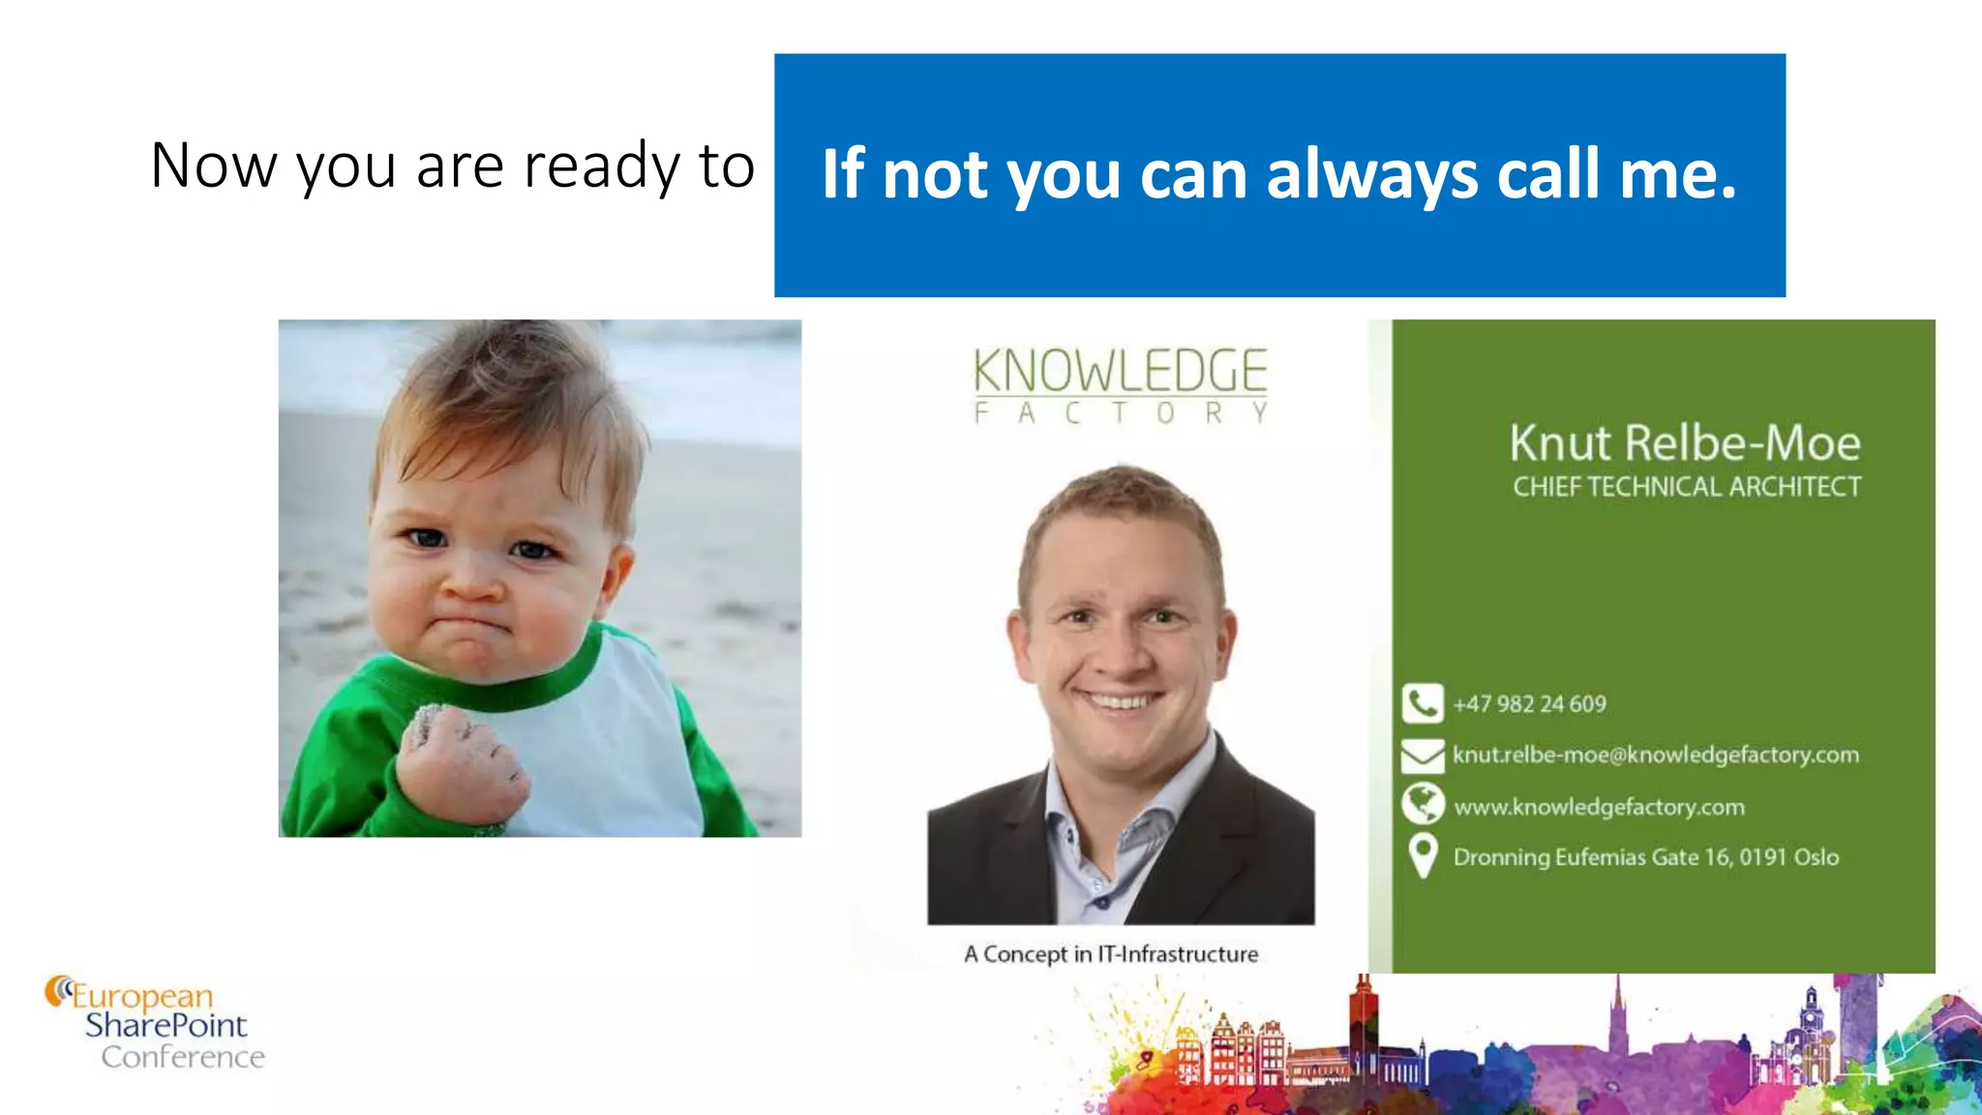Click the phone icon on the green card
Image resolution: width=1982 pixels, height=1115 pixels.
pyautogui.click(x=1422, y=704)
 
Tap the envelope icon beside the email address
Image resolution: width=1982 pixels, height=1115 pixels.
pyautogui.click(x=1422, y=755)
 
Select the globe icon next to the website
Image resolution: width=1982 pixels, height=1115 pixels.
pyautogui.click(x=1422, y=804)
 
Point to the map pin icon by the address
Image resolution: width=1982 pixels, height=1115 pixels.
pyautogui.click(x=1422, y=856)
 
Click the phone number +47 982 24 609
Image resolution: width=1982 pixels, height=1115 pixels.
pyautogui.click(x=1529, y=704)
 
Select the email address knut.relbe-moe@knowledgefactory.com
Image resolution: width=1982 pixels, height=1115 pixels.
pyautogui.click(x=1655, y=755)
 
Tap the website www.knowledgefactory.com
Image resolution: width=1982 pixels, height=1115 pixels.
pyautogui.click(x=1599, y=806)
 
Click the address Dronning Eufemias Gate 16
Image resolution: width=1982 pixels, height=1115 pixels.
pyautogui.click(x=1645, y=858)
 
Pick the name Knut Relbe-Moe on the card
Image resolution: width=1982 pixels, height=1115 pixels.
pyautogui.click(x=1685, y=443)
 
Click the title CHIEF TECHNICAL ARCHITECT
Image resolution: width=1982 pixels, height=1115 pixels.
pyautogui.click(x=1687, y=486)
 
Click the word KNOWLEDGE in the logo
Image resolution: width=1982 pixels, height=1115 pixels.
pyautogui.click(x=1120, y=372)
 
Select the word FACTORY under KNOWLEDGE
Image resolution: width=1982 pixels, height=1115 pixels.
pyautogui.click(x=1120, y=413)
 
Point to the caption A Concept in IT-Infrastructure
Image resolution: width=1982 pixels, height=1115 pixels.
pyautogui.click(x=1111, y=954)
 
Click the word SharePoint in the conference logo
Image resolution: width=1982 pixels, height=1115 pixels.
pyautogui.click(x=165, y=1025)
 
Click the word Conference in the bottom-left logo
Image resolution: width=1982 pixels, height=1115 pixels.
pyautogui.click(x=183, y=1057)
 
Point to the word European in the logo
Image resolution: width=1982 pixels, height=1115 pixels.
pyautogui.click(x=142, y=996)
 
